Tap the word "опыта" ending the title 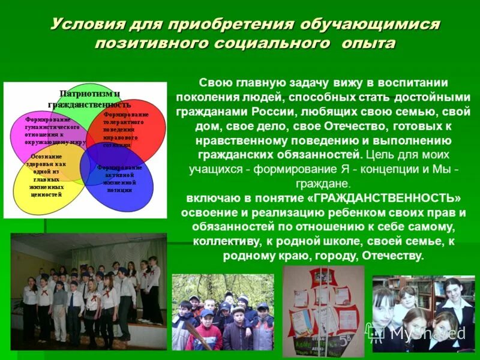[369, 43]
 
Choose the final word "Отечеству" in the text [392, 256]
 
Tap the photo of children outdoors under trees [223, 313]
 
